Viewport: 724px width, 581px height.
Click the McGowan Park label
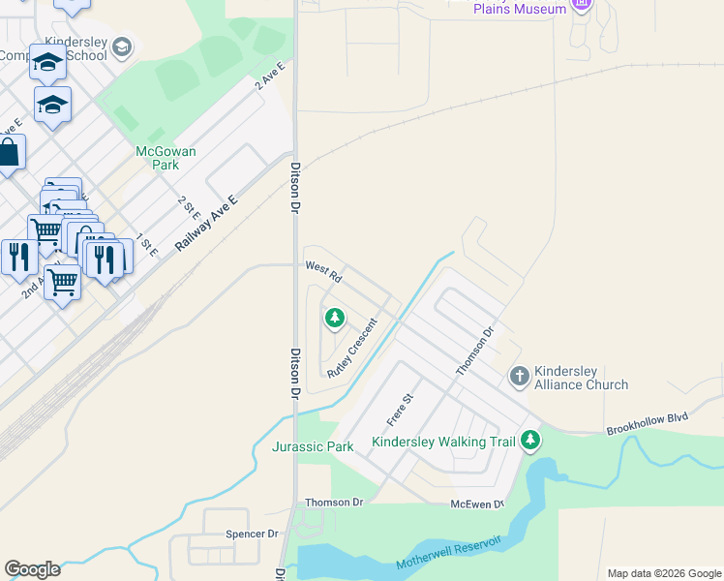click(166, 158)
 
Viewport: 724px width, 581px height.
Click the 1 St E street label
click(146, 244)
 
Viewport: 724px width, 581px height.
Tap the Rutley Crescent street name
click(351, 347)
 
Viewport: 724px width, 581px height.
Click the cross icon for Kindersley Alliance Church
click(520, 376)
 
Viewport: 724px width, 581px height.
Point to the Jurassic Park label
click(313, 446)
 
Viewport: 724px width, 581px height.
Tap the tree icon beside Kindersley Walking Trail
click(529, 442)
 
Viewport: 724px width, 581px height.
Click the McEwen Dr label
click(478, 505)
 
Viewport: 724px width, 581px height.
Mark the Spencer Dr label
click(252, 534)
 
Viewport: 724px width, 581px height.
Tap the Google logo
click(32, 569)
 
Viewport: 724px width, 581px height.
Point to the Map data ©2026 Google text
click(663, 573)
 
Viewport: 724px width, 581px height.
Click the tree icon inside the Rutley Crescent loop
click(335, 317)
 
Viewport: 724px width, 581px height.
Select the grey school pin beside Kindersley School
click(121, 46)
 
